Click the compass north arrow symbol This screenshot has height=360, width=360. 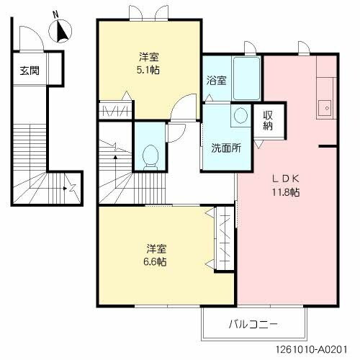[61, 31]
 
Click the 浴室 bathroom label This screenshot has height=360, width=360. [216, 80]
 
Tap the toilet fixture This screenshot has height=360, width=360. [150, 153]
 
